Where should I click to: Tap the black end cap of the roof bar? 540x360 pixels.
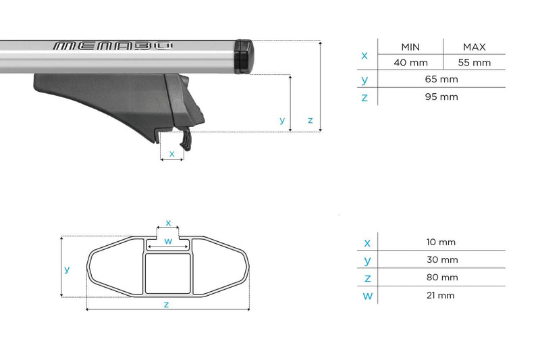point(243,57)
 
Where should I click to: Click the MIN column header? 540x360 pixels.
point(410,47)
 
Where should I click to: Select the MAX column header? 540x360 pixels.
point(475,47)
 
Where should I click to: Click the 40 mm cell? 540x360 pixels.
point(410,63)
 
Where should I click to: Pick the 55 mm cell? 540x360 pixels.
point(475,63)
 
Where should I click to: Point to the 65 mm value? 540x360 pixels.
point(442,80)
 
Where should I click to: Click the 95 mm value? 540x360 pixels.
point(442,97)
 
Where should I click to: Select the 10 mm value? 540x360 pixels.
point(442,242)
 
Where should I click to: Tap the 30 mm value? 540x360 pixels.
point(442,260)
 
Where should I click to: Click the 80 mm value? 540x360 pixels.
point(442,278)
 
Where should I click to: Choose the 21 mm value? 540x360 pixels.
point(442,295)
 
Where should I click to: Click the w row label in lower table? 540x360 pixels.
point(367,295)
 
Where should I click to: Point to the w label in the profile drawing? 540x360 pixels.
point(169,241)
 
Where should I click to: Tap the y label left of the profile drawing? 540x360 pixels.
point(67,269)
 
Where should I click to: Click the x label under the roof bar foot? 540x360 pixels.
point(172,153)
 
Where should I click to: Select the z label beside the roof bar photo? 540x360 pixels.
point(310,120)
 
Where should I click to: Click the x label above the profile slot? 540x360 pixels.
point(169,222)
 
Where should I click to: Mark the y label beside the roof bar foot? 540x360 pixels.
point(282,120)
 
